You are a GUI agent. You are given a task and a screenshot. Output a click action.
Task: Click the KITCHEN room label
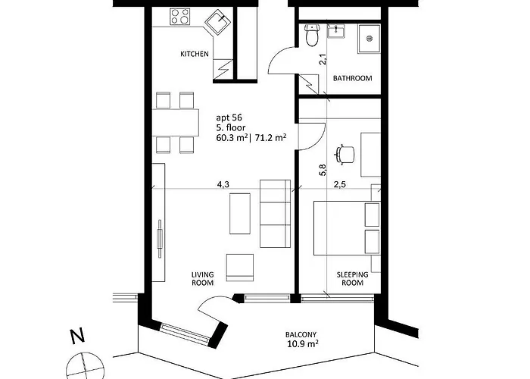195,54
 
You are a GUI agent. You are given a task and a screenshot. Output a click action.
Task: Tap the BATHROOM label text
353,78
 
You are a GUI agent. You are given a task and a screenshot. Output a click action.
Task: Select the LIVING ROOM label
202,278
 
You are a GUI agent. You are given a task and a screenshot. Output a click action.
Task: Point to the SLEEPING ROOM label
352,278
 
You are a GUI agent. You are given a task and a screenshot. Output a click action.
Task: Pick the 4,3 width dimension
223,184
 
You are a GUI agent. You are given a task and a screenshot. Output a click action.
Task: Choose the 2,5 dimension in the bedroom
340,184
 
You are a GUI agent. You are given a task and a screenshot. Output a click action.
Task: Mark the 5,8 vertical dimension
323,170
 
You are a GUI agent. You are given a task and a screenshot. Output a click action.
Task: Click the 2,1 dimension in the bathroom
323,59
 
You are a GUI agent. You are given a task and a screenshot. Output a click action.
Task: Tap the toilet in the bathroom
311,35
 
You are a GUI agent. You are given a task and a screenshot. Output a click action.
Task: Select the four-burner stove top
179,16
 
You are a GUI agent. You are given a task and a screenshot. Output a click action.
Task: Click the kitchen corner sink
218,22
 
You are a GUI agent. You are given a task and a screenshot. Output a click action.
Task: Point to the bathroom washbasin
336,32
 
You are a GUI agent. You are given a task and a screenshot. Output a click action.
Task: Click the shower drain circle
369,38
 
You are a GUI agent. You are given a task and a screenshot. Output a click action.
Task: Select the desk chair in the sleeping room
344,155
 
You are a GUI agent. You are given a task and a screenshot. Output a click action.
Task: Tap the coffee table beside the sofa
240,214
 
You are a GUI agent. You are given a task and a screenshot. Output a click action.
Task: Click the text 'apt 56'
229,117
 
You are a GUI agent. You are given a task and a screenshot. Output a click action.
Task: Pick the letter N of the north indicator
77,336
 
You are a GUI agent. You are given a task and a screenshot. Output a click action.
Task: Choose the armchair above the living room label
240,268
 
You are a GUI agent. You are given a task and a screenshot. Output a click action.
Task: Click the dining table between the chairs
176,122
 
